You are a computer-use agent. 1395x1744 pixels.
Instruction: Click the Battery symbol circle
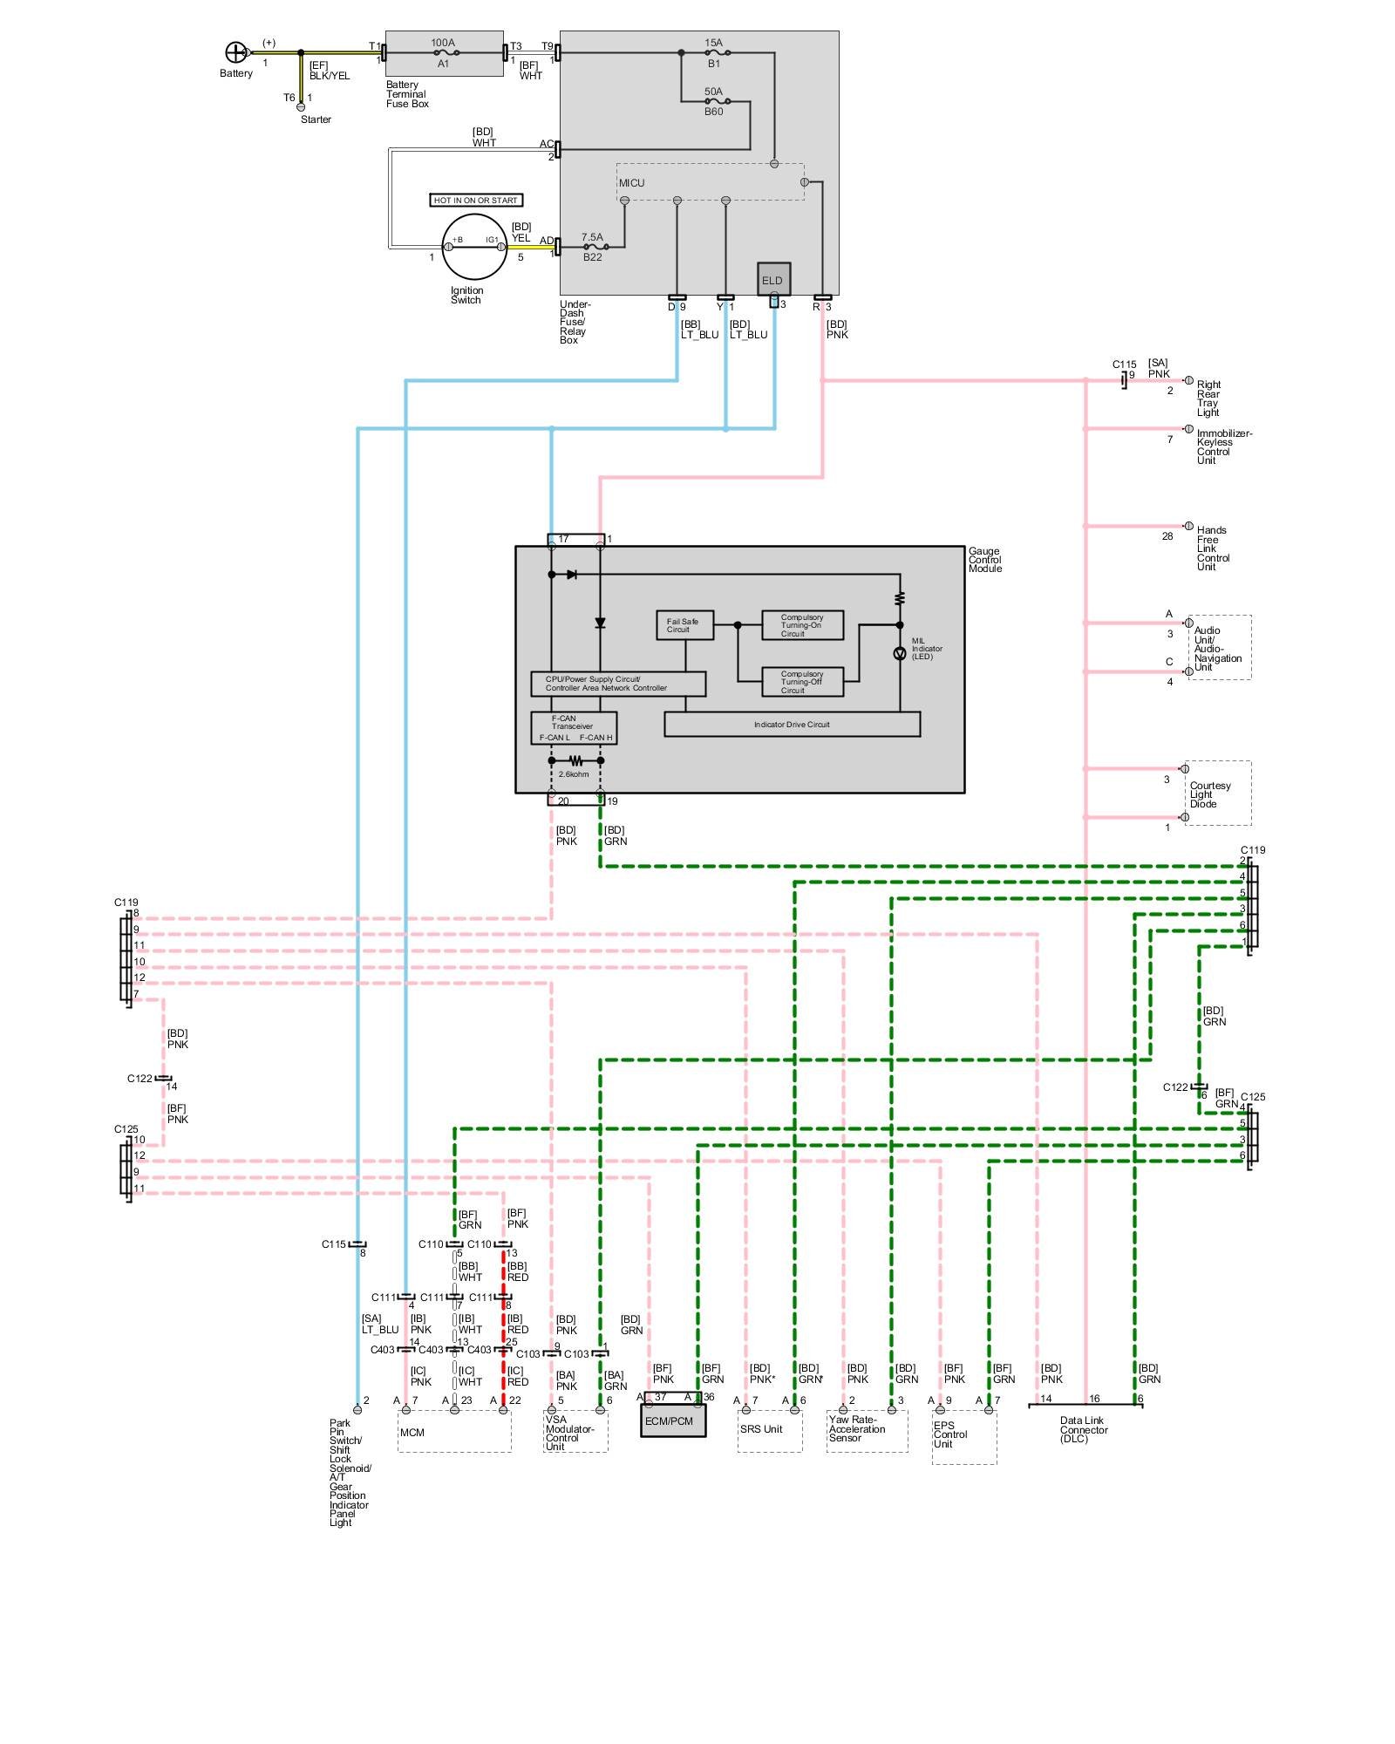[x=235, y=52]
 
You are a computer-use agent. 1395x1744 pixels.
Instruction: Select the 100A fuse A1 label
[x=443, y=52]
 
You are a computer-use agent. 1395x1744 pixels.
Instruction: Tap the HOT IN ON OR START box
[x=476, y=201]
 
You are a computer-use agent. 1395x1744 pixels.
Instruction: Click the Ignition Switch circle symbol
[x=474, y=247]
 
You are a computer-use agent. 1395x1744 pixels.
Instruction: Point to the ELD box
[x=773, y=279]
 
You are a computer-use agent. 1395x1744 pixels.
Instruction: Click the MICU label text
[x=632, y=183]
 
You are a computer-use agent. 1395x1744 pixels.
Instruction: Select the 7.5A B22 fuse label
[x=592, y=247]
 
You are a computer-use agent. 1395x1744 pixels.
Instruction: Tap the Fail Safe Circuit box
[x=684, y=625]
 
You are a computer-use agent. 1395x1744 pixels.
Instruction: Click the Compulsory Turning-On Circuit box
[x=802, y=625]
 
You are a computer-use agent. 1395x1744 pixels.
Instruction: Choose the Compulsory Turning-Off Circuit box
[x=802, y=682]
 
